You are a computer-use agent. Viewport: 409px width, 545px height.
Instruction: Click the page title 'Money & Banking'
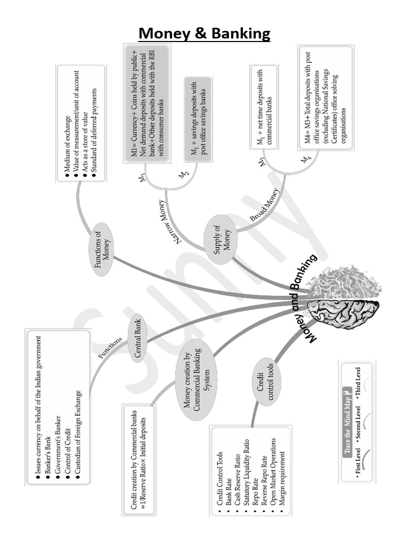coord(204,34)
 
